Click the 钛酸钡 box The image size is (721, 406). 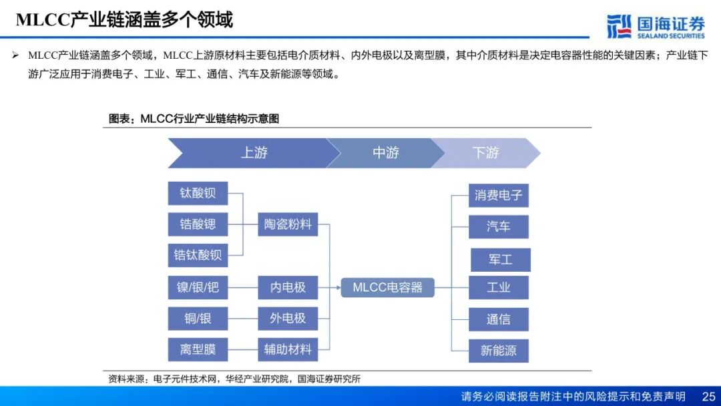198,193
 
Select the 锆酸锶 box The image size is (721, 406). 198,224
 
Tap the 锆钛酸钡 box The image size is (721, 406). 198,255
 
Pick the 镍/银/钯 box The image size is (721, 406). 198,288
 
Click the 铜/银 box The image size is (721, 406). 198,319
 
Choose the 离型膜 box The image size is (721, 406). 198,349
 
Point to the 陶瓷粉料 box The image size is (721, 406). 288,224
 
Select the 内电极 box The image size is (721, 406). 288,288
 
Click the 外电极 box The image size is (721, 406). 288,319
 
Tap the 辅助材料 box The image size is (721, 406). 288,349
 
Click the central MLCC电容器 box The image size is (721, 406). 387,288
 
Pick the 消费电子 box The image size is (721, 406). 498,196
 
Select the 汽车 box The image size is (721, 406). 498,226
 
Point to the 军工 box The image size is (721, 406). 500,260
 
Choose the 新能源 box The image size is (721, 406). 498,351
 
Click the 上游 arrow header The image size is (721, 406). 254,153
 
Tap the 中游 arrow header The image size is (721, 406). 385,153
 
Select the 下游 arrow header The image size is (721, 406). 485,153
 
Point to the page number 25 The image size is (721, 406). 708,397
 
